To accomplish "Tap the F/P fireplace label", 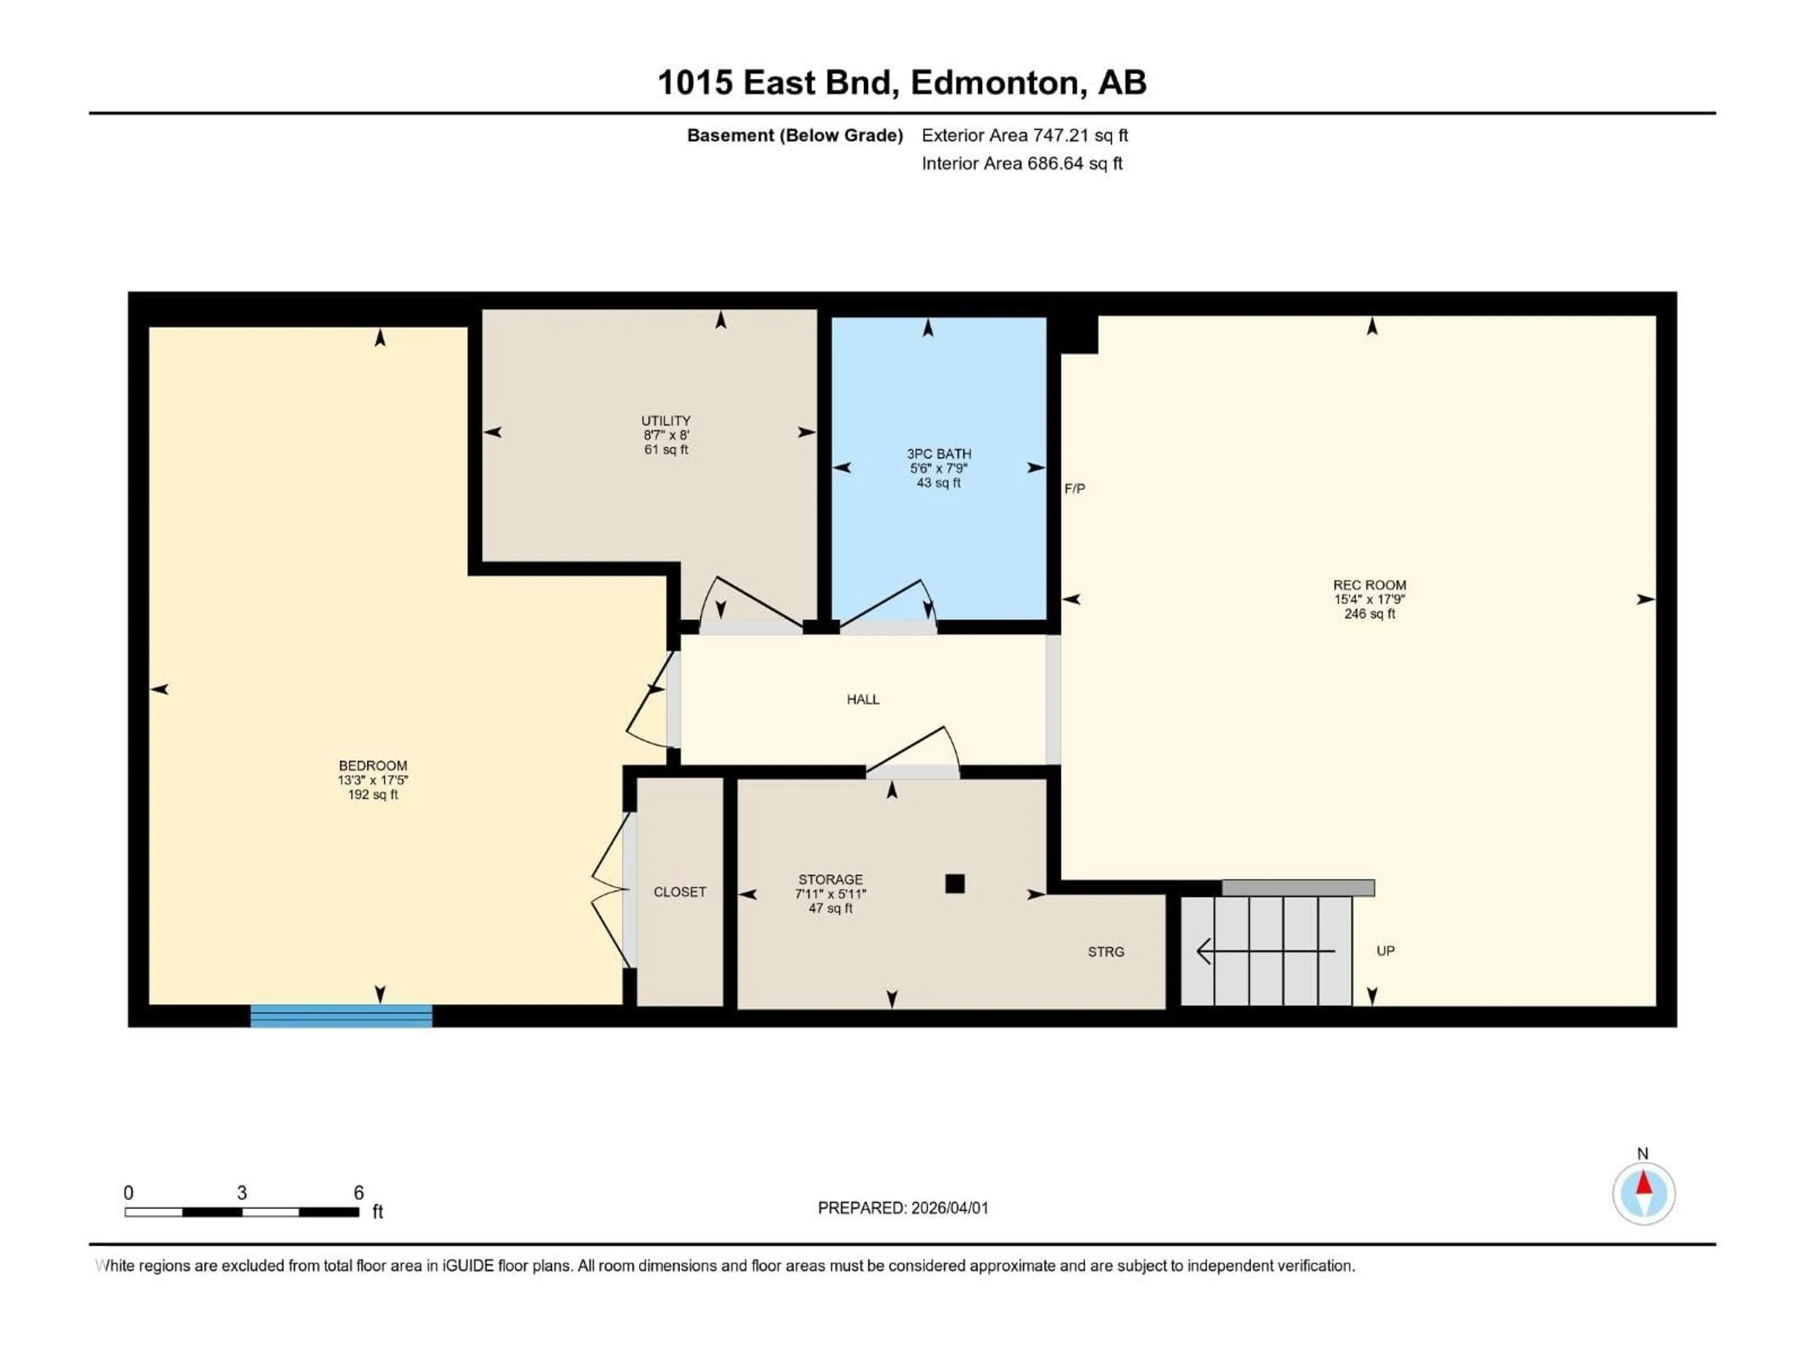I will (x=1075, y=489).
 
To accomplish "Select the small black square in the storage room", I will (x=954, y=883).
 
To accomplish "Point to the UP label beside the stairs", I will (x=1386, y=951).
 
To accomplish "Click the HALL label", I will (x=863, y=700).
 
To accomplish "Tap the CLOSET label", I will (x=679, y=892).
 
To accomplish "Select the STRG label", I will (x=1106, y=952).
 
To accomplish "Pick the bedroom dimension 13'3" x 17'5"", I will (x=373, y=780).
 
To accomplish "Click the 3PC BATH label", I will (x=939, y=454).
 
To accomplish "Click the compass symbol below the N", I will (x=1644, y=1194).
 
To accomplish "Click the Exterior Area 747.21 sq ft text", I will (x=1025, y=135).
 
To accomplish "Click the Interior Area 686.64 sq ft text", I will (x=1022, y=163).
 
